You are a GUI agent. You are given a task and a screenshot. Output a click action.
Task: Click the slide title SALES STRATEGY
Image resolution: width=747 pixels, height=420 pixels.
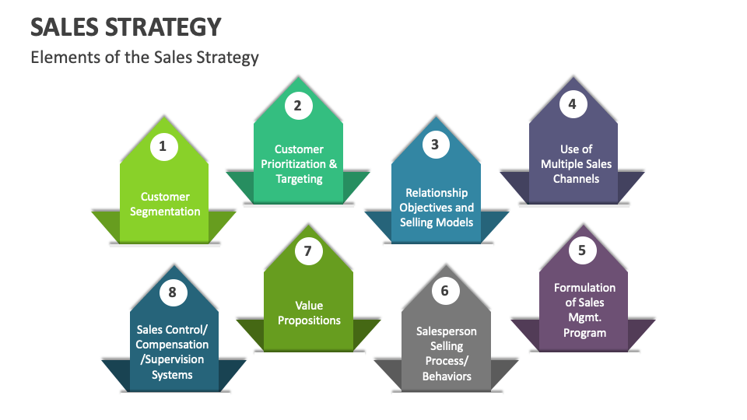click(126, 26)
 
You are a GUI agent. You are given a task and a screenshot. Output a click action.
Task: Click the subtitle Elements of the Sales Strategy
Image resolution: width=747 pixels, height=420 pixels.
click(145, 57)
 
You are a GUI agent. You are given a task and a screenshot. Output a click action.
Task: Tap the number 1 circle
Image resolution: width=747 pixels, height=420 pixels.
click(163, 145)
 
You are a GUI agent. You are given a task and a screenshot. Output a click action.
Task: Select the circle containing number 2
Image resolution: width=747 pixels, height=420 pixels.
click(297, 105)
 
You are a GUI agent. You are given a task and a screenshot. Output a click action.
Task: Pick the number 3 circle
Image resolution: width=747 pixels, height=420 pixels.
click(435, 144)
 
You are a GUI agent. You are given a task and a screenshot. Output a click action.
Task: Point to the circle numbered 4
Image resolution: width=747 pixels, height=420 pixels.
click(573, 103)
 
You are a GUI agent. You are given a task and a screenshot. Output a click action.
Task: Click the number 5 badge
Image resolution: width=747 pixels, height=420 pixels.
click(582, 250)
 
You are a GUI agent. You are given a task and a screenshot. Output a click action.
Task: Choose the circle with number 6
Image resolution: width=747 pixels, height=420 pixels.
click(445, 290)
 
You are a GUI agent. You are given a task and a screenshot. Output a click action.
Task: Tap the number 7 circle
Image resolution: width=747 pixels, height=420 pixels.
click(308, 250)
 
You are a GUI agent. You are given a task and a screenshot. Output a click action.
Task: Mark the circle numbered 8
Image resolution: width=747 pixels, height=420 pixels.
click(173, 292)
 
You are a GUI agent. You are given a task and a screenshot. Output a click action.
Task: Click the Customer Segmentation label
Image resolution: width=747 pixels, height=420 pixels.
click(165, 204)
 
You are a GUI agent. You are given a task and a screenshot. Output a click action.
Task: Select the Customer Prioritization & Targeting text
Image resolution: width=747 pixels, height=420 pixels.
click(299, 163)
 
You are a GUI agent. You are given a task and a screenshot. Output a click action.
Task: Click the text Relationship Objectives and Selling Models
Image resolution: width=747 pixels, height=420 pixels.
click(437, 207)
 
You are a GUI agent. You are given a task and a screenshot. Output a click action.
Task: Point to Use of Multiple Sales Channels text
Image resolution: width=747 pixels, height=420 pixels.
click(577, 163)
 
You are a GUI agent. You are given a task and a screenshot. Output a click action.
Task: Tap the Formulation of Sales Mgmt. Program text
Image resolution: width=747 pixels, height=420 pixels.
click(584, 310)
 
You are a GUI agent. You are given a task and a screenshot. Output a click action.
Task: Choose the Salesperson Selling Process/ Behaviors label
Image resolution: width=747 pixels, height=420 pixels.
click(447, 353)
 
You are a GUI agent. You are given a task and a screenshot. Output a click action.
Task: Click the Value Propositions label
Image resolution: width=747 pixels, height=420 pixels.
click(309, 313)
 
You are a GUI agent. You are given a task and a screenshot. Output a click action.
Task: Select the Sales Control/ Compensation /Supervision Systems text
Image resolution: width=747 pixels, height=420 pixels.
click(172, 352)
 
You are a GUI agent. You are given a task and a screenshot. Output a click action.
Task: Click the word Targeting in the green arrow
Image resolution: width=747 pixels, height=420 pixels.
click(299, 179)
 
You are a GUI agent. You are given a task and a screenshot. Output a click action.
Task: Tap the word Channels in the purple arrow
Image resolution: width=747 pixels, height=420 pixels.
click(577, 179)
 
